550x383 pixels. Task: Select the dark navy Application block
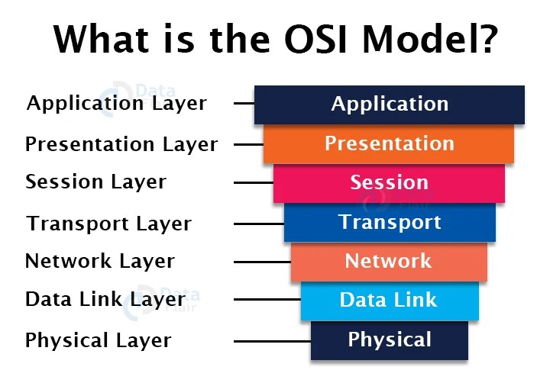click(390, 104)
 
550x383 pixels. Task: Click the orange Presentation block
click(390, 143)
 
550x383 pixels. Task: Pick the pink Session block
click(390, 183)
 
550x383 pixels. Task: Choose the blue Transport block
click(390, 223)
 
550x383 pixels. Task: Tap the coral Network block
click(390, 262)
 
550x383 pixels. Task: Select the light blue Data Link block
click(390, 301)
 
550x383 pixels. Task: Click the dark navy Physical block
click(390, 340)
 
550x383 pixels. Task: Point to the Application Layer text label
click(116, 104)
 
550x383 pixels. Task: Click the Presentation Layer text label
click(121, 144)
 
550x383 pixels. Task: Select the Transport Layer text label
click(108, 224)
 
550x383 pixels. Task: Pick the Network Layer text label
click(100, 262)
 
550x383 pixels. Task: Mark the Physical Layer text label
click(99, 340)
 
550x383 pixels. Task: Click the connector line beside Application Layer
click(244, 103)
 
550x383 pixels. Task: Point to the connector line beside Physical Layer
click(272, 340)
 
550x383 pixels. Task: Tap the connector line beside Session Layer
click(254, 183)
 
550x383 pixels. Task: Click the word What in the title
click(102, 39)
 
